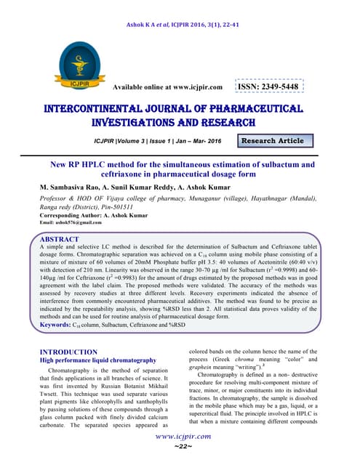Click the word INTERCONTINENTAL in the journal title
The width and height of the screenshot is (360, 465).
point(109,109)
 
